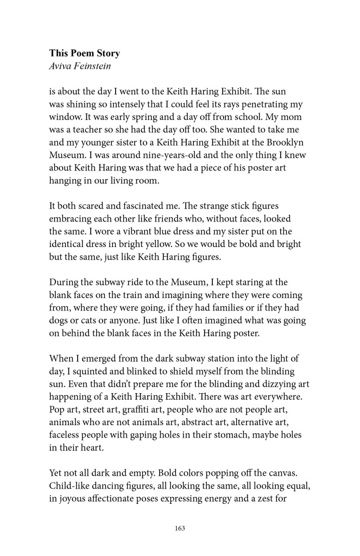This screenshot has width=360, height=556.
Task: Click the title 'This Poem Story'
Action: pos(84,53)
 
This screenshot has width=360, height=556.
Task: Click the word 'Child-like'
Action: pos(69,483)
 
